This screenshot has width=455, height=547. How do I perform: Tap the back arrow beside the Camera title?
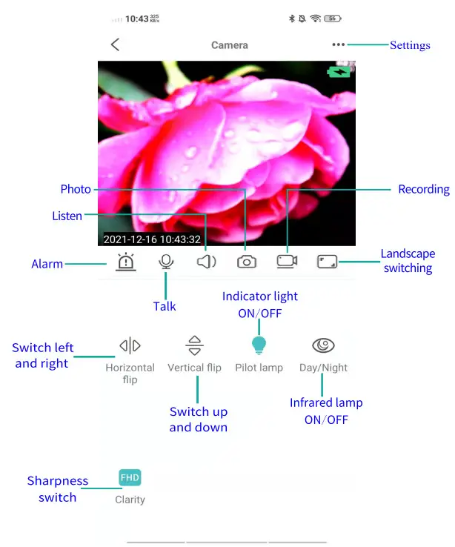(115, 44)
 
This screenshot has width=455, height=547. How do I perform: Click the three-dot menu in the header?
(339, 44)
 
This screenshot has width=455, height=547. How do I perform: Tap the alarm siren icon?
(126, 262)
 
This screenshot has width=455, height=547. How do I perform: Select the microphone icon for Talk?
(166, 262)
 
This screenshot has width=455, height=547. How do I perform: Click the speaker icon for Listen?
(206, 262)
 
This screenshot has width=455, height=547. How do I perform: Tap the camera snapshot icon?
(247, 262)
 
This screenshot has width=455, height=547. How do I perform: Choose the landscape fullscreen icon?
(327, 262)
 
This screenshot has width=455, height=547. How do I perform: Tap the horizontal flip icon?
(130, 345)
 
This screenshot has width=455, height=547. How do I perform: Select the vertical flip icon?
(194, 345)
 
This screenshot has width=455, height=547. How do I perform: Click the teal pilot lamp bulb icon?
(259, 345)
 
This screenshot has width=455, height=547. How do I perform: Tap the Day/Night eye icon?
(323, 345)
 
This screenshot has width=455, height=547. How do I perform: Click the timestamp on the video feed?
(152, 239)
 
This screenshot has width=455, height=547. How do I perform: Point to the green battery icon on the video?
(341, 72)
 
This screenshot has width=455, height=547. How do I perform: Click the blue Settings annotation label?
(410, 45)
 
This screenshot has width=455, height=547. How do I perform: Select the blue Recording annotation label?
(424, 190)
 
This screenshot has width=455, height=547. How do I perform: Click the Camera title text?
(230, 45)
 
